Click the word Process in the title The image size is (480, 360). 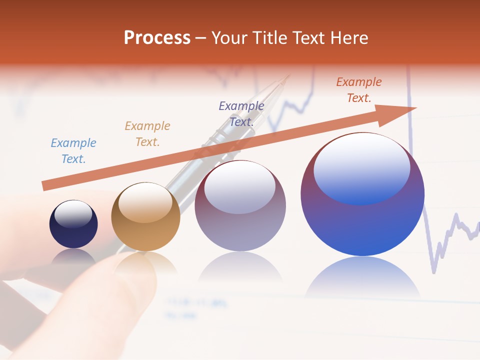click(157, 37)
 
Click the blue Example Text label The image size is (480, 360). click(73, 151)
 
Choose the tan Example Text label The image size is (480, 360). click(147, 134)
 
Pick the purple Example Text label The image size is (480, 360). click(241, 114)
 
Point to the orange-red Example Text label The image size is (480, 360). click(359, 90)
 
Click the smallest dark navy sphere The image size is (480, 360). click(73, 230)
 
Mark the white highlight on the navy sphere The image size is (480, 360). click(73, 214)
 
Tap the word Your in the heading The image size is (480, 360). click(229, 37)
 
